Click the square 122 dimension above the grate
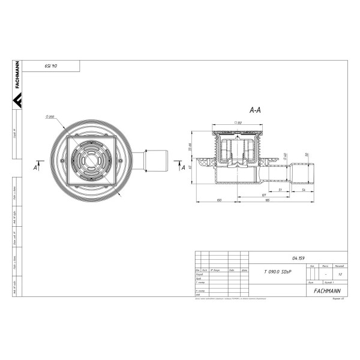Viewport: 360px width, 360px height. [238, 122]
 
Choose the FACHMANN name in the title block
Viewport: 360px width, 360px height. [326, 290]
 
